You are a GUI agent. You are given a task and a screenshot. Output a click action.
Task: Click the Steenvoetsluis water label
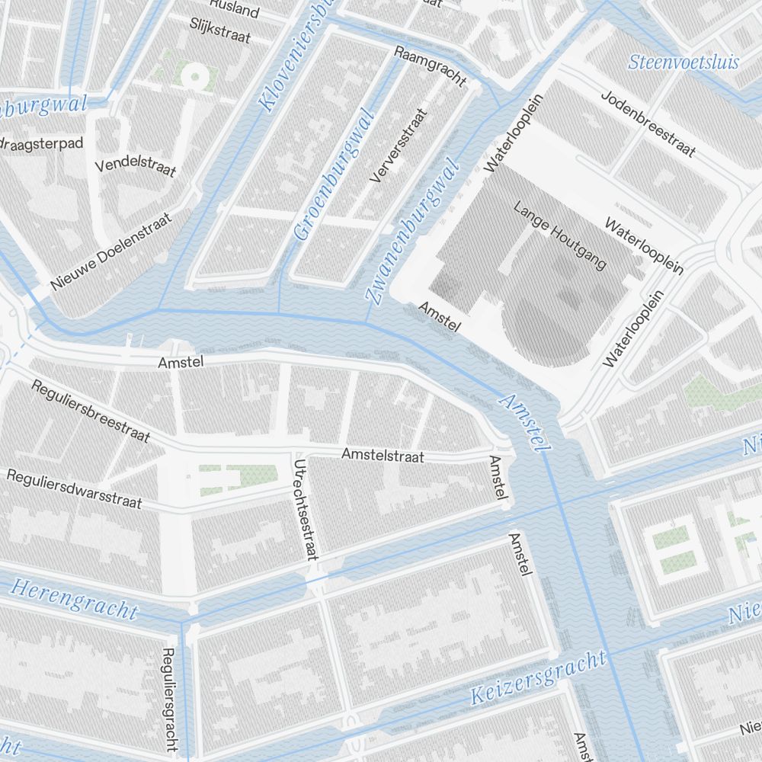click(x=684, y=62)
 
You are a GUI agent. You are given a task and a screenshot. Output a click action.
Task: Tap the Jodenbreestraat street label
click(x=648, y=124)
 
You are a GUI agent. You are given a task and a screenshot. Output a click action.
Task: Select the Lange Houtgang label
click(x=560, y=235)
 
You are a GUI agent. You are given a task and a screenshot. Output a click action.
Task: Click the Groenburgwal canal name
click(x=336, y=175)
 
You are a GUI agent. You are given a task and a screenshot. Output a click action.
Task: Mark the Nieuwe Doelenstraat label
click(x=111, y=252)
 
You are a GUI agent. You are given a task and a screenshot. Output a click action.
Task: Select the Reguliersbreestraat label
click(x=90, y=410)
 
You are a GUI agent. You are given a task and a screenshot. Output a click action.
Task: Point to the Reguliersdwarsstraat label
click(x=74, y=488)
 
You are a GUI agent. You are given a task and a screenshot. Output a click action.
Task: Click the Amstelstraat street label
click(x=392, y=456)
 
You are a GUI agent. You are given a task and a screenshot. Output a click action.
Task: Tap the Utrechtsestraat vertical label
click(x=306, y=509)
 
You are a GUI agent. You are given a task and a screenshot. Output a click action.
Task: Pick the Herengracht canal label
click(x=75, y=599)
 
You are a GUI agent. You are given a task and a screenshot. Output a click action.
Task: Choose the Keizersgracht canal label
click(x=538, y=677)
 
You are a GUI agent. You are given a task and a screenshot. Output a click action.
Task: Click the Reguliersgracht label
click(x=171, y=699)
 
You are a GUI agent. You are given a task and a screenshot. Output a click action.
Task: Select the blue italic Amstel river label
click(x=524, y=423)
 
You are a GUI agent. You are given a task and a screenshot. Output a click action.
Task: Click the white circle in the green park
click(x=194, y=75)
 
